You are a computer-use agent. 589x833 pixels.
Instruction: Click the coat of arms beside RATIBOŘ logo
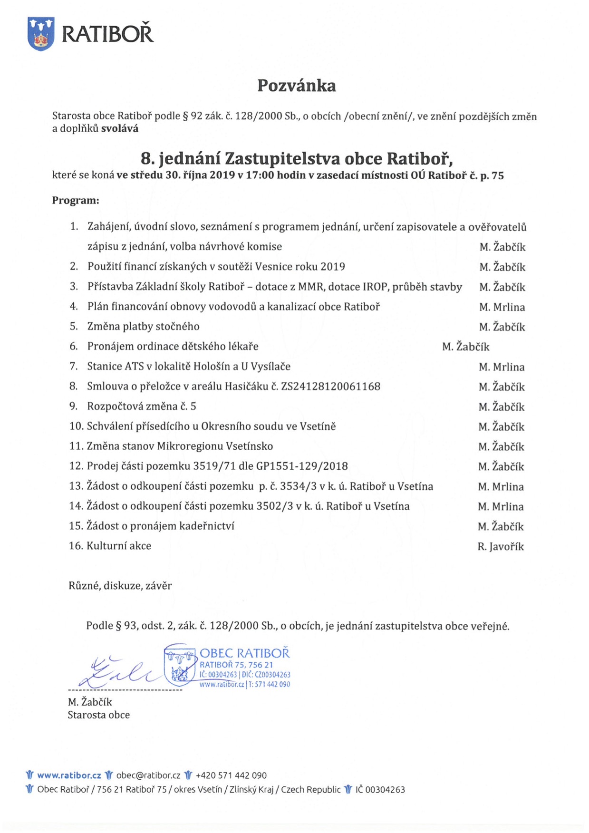[x=41, y=33]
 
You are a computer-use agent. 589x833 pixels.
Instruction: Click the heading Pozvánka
[x=297, y=86]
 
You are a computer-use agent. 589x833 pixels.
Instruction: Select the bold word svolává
[x=120, y=129]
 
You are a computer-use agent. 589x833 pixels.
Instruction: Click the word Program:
[x=76, y=201]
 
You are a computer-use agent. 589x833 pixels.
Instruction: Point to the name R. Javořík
[x=501, y=547]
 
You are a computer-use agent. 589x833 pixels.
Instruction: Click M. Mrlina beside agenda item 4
[x=502, y=307]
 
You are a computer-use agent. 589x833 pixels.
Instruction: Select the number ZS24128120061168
[x=331, y=387]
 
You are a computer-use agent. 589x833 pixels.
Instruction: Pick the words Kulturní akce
[x=119, y=546]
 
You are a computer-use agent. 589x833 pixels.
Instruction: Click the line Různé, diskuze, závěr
[x=120, y=586]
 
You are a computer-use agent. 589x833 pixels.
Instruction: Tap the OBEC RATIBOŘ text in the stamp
[x=244, y=653]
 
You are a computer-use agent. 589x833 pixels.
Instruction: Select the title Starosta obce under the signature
[x=99, y=715]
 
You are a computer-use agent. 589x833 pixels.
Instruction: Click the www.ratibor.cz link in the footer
[x=69, y=775]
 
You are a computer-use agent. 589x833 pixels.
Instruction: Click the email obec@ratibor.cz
[x=148, y=775]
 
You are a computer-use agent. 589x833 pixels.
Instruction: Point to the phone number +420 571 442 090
[x=231, y=775]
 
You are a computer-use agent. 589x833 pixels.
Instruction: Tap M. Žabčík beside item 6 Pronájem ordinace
[x=465, y=347]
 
